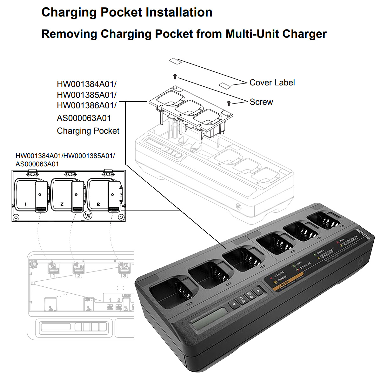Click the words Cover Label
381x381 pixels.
coord(272,83)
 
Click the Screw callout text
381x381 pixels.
coord(261,102)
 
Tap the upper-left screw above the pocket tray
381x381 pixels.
coord(175,76)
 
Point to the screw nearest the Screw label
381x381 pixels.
coord(229,103)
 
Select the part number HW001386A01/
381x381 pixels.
coord(87,105)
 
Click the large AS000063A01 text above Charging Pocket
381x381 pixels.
coord(84,118)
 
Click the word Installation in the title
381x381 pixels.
coord(179,12)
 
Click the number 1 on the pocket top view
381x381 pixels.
coord(26,204)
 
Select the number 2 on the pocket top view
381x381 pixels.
coord(62,204)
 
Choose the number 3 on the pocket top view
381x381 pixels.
coord(98,204)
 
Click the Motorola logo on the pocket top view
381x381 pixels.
coord(88,215)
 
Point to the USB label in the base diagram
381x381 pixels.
coord(126,296)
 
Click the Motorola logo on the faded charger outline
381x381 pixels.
coord(238,205)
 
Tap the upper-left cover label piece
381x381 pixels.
coord(175,61)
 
